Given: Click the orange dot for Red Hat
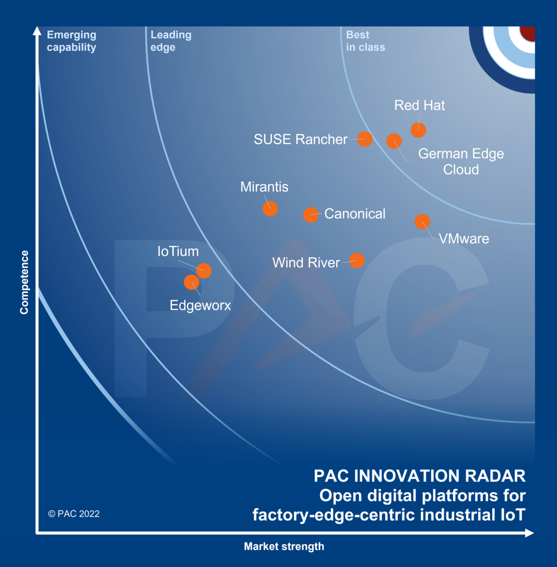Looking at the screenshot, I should pyautogui.click(x=418, y=130).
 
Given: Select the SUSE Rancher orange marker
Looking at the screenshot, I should pyautogui.click(x=365, y=139).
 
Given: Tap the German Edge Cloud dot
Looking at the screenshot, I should pyautogui.click(x=394, y=141).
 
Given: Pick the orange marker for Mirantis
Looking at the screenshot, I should pyautogui.click(x=270, y=209).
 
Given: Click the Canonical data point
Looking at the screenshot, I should pyautogui.click(x=311, y=215).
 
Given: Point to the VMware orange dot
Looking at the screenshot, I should pyautogui.click(x=422, y=222).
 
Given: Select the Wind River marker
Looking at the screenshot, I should pyautogui.click(x=356, y=261).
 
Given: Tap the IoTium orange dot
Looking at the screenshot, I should pyautogui.click(x=204, y=270).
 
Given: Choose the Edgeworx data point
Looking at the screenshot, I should pyautogui.click(x=191, y=282).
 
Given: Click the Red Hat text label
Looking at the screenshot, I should pyautogui.click(x=419, y=105).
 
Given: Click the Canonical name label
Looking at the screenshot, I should pyautogui.click(x=355, y=214).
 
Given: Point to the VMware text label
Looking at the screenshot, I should pyautogui.click(x=464, y=239).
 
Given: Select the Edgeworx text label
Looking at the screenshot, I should pyautogui.click(x=200, y=305).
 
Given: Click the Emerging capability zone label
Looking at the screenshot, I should pyautogui.click(x=71, y=41).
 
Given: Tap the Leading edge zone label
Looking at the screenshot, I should pyautogui.click(x=171, y=41).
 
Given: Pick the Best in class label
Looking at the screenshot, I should pyautogui.click(x=365, y=41).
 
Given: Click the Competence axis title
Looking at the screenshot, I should pyautogui.click(x=24, y=282).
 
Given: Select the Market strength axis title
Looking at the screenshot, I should pyautogui.click(x=284, y=547).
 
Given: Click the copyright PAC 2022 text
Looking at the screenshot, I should pyautogui.click(x=74, y=514).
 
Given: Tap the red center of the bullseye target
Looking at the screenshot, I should pyautogui.click(x=528, y=33).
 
